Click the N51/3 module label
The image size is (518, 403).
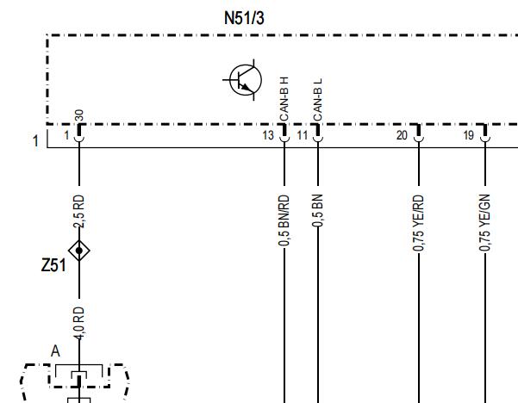pyautogui.click(x=244, y=18)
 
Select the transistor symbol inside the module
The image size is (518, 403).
pyautogui.click(x=244, y=80)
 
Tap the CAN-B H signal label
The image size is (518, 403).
pyautogui.click(x=284, y=99)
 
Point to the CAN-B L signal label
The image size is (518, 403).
pyautogui.click(x=317, y=100)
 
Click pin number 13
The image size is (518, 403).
pyautogui.click(x=268, y=135)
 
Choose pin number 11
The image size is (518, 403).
pyautogui.click(x=303, y=135)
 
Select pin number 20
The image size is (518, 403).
pyautogui.click(x=402, y=135)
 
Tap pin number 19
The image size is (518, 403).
pyautogui.click(x=469, y=135)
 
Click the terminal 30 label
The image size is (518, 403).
pyautogui.click(x=79, y=116)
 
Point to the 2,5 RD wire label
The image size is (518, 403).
pyautogui.click(x=79, y=211)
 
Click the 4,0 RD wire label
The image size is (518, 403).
pyautogui.click(x=79, y=323)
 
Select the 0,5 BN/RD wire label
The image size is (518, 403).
pyautogui.click(x=284, y=220)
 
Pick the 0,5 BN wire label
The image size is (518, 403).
pyautogui.click(x=317, y=211)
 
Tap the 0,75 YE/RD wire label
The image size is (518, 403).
pyautogui.click(x=418, y=223)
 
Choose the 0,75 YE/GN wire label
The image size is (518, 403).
pyautogui.click(x=484, y=222)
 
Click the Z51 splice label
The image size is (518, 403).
pyautogui.click(x=53, y=265)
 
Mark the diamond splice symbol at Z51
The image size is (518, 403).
pyautogui.click(x=79, y=251)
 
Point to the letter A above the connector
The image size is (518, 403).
pyautogui.click(x=55, y=351)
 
